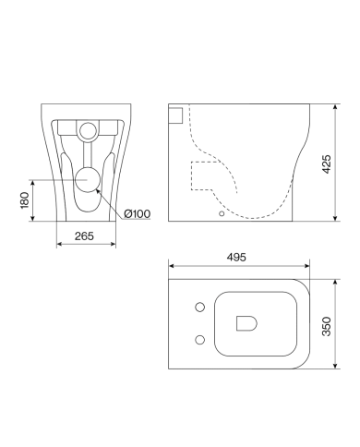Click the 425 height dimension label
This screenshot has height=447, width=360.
click(327, 164)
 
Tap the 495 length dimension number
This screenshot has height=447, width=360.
click(236, 257)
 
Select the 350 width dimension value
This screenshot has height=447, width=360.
click(327, 326)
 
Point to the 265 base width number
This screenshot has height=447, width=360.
click(84, 236)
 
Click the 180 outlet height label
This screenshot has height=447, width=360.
click(24, 200)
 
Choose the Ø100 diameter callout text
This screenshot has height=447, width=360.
click(137, 213)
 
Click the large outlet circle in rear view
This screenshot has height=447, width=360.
click(88, 180)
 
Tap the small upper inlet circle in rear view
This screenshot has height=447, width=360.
click(88, 131)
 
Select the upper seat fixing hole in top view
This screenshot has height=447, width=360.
click(200, 307)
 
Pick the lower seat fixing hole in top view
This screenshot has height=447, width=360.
click(200, 340)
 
